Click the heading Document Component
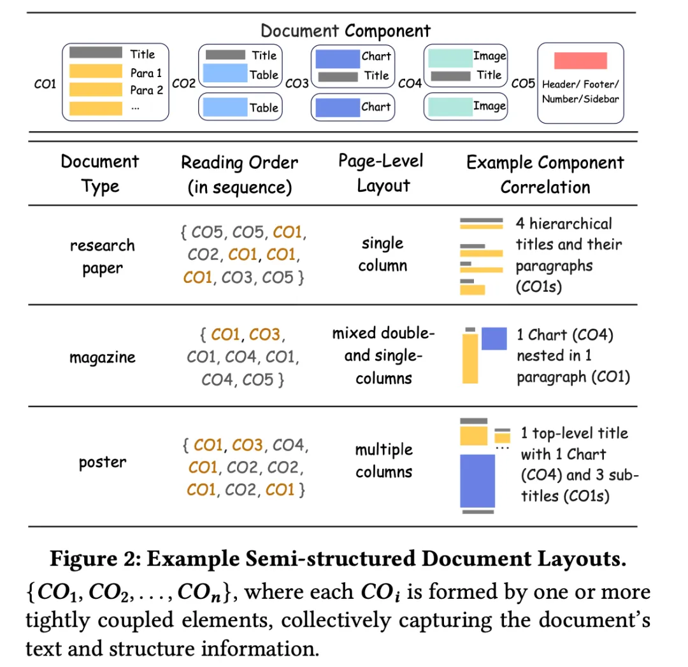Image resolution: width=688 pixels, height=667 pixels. [345, 31]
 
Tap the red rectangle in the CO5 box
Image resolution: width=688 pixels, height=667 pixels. [580, 61]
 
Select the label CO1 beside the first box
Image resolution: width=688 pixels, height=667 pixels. [45, 83]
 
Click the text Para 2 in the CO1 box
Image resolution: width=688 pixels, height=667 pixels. [147, 90]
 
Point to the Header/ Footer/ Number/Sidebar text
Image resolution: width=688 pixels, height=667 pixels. [580, 91]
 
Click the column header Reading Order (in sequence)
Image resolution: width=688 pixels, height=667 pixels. [240, 175]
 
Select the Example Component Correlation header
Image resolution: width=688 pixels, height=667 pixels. [545, 175]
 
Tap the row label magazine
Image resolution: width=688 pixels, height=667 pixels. [102, 357]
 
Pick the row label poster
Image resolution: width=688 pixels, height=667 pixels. [102, 462]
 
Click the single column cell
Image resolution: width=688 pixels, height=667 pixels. [383, 254]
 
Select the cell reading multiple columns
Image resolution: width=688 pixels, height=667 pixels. [383, 461]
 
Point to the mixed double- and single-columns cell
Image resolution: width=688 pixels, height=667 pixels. [383, 355]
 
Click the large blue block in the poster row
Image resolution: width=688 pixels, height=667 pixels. [477, 480]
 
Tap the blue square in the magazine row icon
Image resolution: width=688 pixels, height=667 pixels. [494, 338]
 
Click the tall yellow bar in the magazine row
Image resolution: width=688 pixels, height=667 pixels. [470, 358]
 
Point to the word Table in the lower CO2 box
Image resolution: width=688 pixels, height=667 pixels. [264, 108]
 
